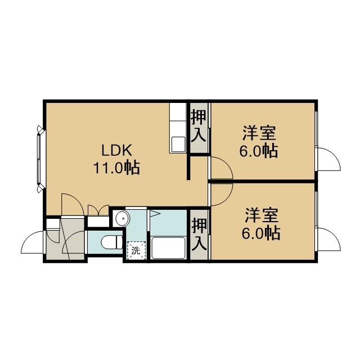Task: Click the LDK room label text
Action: [117, 151]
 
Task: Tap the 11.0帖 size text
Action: [116, 168]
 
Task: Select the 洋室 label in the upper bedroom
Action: [259, 133]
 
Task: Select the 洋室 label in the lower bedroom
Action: [262, 215]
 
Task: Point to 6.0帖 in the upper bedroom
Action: [259, 151]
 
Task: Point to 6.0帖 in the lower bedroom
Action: [261, 233]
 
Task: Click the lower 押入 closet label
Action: [199, 234]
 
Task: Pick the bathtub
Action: [168, 248]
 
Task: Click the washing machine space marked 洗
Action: [136, 250]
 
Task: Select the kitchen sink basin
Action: [178, 144]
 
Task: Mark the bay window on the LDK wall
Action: [40, 159]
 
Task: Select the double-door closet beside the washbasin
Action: [98, 215]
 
